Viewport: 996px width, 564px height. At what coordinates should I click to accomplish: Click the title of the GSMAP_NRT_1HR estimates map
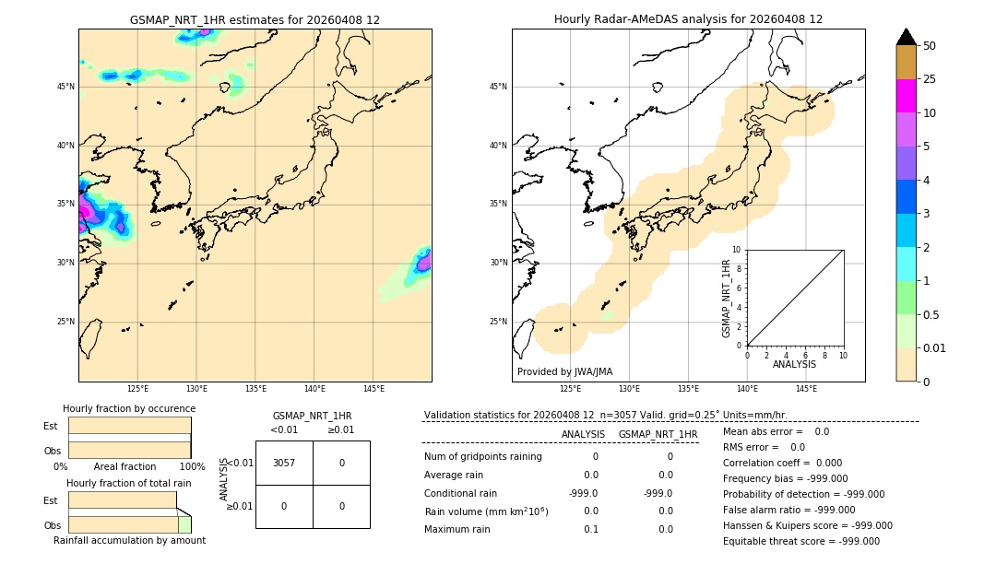[x=255, y=19]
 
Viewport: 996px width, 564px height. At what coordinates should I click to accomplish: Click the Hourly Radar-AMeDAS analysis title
[x=688, y=19]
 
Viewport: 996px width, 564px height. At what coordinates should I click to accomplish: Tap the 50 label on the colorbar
[x=930, y=45]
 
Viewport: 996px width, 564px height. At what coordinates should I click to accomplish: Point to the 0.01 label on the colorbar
[x=935, y=347]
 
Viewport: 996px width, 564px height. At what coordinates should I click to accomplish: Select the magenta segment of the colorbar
[x=906, y=96]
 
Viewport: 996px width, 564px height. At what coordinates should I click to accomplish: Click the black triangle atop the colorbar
[x=906, y=37]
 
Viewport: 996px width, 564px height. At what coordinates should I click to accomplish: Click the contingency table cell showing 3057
[x=284, y=463]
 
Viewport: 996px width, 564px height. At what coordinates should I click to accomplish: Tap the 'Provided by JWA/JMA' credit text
[x=564, y=371]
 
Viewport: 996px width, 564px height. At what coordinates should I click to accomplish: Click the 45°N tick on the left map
[x=65, y=87]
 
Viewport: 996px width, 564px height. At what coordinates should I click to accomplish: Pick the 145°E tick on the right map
[x=806, y=389]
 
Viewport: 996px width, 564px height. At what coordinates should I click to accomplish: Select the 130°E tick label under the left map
[x=196, y=389]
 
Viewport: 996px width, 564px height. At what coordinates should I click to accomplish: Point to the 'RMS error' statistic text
[x=764, y=447]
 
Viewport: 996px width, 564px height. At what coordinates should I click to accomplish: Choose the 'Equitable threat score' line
[x=800, y=541]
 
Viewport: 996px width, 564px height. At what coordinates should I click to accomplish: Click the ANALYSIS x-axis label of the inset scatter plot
[x=794, y=364]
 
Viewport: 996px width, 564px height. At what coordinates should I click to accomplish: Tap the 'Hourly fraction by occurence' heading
[x=129, y=408]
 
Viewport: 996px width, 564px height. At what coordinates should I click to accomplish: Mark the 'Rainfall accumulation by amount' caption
[x=129, y=540]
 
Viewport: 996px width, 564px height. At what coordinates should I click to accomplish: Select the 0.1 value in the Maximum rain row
[x=590, y=529]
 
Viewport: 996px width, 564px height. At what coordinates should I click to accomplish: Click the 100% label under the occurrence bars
[x=192, y=466]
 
